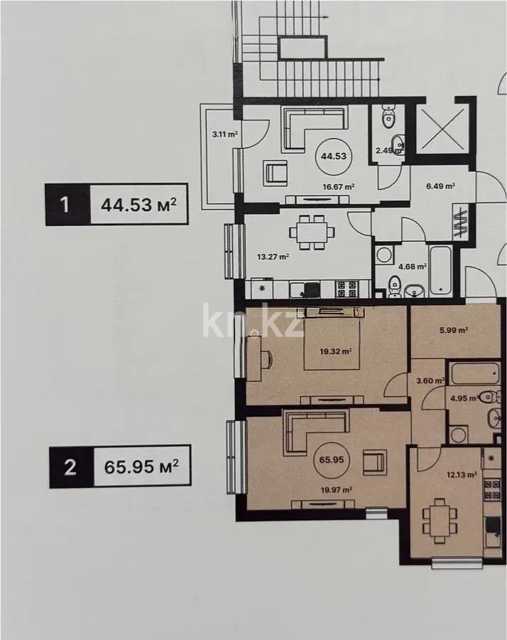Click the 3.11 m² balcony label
225,134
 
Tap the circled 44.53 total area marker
333,156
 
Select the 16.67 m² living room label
337,187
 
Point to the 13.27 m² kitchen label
273,257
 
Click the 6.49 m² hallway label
440,186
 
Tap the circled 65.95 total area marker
332,459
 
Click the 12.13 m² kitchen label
462,474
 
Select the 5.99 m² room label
453,330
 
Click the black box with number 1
65,205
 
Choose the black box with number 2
70,466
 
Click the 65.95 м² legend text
141,466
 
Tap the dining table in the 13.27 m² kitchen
312,233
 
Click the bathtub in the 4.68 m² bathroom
440,270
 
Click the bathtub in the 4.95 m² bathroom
475,373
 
